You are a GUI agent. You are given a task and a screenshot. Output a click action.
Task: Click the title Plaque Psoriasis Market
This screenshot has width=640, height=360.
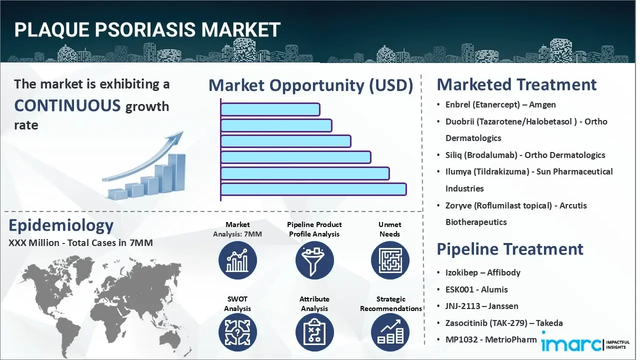click(x=147, y=30)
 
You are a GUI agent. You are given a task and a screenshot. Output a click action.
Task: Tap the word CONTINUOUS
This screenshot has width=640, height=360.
click(x=67, y=105)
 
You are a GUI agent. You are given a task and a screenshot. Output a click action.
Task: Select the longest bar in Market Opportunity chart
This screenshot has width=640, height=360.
click(x=313, y=189)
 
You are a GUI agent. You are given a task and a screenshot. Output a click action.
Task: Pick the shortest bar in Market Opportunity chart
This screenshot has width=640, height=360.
click(x=270, y=109)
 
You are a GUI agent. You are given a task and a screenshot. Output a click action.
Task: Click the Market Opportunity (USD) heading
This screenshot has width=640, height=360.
click(x=310, y=85)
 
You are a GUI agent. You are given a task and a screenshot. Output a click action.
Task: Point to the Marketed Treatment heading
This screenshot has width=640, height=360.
click(x=516, y=84)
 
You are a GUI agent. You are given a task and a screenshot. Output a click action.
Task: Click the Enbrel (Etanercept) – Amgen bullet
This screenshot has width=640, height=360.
click(x=500, y=104)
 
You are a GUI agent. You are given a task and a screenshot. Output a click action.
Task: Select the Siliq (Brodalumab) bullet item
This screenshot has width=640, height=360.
click(x=525, y=155)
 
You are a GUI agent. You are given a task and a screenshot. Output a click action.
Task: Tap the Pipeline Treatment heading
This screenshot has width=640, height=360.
click(x=510, y=249)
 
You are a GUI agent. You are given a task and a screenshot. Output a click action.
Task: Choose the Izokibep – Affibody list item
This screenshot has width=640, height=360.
click(x=483, y=272)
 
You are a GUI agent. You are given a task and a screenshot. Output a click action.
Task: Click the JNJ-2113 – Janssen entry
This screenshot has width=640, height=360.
click(x=481, y=306)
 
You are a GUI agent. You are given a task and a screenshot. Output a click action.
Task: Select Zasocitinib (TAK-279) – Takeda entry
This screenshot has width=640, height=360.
click(x=504, y=323)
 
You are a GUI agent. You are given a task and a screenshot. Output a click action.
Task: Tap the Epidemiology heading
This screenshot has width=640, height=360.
click(x=61, y=226)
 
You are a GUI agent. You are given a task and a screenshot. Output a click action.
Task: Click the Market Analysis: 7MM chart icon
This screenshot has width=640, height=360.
click(x=237, y=260)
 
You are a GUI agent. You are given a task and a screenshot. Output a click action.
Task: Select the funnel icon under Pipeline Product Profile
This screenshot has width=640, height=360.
click(x=314, y=260)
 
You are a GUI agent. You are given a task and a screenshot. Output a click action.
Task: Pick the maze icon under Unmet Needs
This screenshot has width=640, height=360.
click(x=390, y=260)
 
